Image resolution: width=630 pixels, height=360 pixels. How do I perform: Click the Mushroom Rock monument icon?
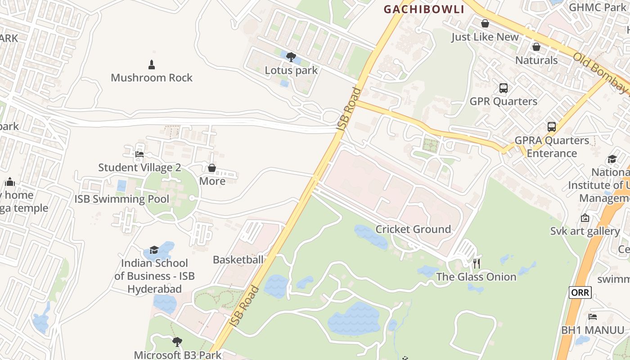[x=152, y=65]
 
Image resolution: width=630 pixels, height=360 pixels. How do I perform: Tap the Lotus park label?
[x=291, y=70]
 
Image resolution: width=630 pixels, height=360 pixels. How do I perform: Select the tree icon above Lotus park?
[x=291, y=57]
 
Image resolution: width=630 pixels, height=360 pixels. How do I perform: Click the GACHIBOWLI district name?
[x=423, y=9]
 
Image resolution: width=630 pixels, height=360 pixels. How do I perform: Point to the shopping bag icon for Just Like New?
[x=485, y=23]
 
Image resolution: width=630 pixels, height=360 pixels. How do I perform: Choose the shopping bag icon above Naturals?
[x=536, y=47]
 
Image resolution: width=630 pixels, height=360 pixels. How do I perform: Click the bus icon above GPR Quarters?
[x=503, y=88]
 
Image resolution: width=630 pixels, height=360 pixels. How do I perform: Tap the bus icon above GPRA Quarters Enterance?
[x=552, y=127]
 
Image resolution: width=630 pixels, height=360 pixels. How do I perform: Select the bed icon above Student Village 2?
[x=139, y=154]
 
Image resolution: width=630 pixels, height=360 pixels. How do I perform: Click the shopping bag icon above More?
[x=212, y=168]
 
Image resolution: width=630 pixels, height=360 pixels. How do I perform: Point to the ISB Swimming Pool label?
[x=122, y=199]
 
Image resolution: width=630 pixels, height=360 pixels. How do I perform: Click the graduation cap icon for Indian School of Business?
[x=154, y=250]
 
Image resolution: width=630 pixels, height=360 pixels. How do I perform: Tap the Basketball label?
[x=238, y=260]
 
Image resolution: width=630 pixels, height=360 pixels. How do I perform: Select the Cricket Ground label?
[x=413, y=229]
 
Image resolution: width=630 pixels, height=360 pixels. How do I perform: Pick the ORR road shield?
[x=580, y=292]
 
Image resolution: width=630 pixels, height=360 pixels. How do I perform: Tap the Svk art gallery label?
[x=585, y=231]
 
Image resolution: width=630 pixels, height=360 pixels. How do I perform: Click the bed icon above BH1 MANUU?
[x=593, y=317]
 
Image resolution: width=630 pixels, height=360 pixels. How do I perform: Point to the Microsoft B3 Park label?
[x=178, y=355]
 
